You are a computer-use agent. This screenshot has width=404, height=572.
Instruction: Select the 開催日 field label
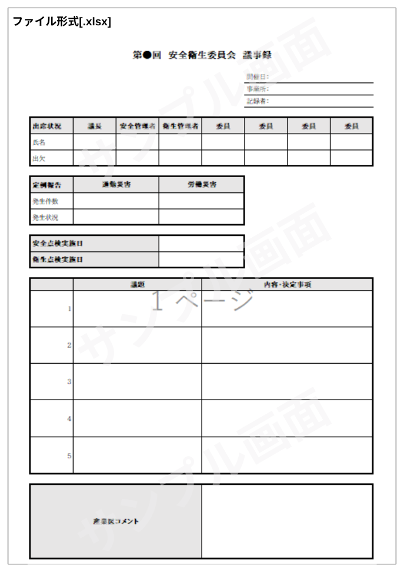click(258, 77)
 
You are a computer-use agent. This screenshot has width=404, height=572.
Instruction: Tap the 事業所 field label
click(258, 89)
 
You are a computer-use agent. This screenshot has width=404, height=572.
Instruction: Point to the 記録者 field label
click(258, 101)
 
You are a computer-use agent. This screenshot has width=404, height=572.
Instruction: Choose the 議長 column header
click(94, 126)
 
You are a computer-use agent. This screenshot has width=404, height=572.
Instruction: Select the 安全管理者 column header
click(137, 126)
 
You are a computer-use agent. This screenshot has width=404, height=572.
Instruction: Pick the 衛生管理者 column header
click(180, 126)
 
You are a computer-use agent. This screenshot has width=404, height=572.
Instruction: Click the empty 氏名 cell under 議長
click(94, 142)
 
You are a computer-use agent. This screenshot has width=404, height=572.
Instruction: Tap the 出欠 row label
click(39, 158)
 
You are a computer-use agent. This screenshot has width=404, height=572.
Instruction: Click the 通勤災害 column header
click(116, 185)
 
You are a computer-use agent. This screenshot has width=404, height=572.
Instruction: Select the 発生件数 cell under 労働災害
click(201, 201)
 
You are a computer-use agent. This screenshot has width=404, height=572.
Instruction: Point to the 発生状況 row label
click(45, 217)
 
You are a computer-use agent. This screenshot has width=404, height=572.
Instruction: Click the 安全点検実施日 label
click(58, 244)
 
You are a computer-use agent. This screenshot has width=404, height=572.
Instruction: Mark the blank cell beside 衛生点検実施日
click(201, 260)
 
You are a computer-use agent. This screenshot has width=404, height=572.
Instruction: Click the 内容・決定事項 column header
click(287, 285)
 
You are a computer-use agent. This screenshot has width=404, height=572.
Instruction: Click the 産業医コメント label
click(115, 521)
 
